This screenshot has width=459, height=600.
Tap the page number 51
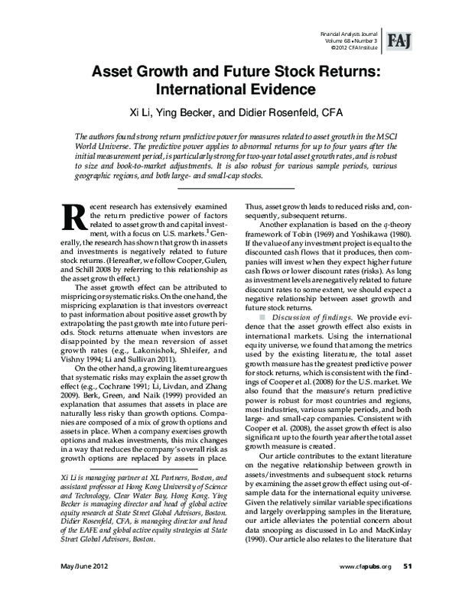pos(408,587)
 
